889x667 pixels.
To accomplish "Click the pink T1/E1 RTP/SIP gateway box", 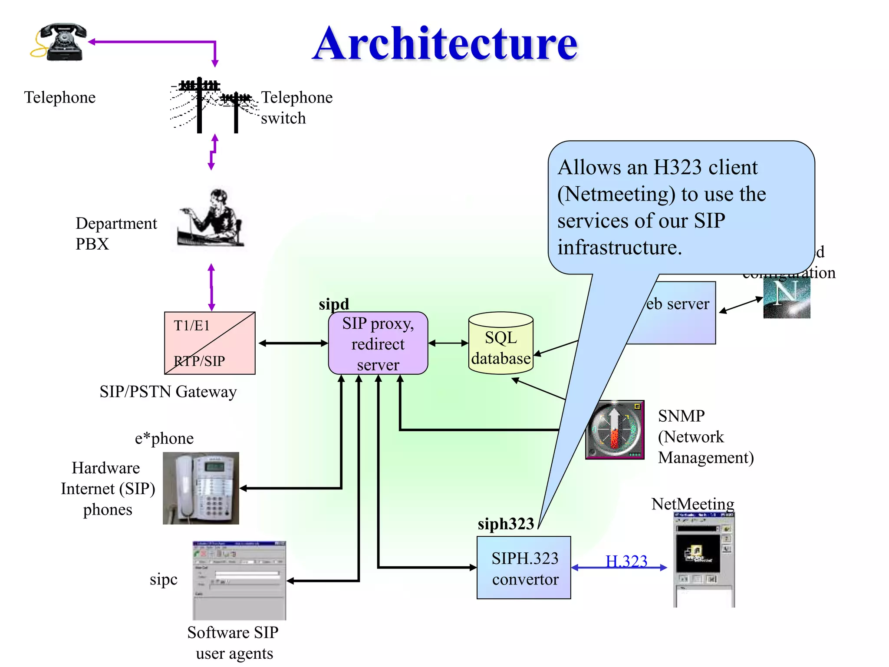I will (x=210, y=343).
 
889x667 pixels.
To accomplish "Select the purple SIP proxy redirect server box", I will (x=378, y=343).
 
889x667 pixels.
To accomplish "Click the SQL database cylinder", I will (x=500, y=343).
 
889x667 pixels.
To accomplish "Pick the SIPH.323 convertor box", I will (x=524, y=568).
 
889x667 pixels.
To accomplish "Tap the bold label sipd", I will (x=333, y=304).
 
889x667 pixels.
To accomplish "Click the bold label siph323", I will (x=505, y=524).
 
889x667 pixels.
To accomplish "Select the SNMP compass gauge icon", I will (x=614, y=429).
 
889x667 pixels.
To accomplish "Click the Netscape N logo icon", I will (x=786, y=297).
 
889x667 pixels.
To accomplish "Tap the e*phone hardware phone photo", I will (x=201, y=488).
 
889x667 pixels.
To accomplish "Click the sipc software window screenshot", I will (x=239, y=580).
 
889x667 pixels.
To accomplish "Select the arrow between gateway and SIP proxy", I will (x=293, y=343).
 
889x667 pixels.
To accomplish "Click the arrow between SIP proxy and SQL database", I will (x=448, y=343).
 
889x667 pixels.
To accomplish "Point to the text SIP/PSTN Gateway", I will (x=168, y=392).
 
